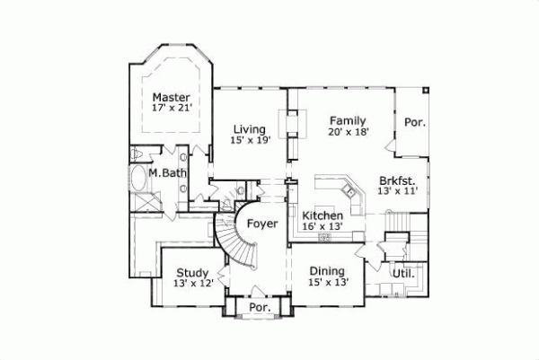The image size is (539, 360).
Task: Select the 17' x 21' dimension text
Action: pos(172,109)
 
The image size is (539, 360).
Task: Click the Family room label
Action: pos(347,119)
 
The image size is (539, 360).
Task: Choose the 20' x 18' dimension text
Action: pos(347,131)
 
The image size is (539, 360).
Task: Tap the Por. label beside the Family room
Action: pos(414,122)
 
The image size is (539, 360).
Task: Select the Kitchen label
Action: pos(323,216)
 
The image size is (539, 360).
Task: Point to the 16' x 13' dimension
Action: pos(323,228)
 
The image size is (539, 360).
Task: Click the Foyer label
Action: pos(261,224)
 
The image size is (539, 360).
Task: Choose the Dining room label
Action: pos(328,271)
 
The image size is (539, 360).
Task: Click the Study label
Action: pos(192,273)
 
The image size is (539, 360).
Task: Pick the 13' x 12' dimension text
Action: pos(192,285)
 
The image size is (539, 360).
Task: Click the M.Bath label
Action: pos(167,172)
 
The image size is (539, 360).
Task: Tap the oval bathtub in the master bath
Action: pos(140,183)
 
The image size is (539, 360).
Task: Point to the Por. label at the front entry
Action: pos(261,307)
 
